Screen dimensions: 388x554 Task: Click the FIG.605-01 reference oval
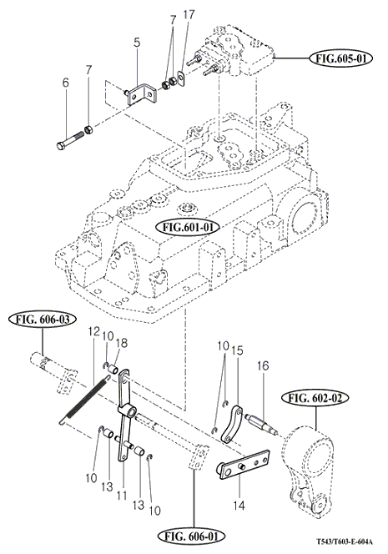click(341, 58)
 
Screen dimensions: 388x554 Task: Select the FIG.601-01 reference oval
click(188, 226)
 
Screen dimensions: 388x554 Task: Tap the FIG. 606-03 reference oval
click(43, 320)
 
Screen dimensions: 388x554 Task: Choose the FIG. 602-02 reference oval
click(315, 398)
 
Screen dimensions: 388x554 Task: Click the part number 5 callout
click(137, 43)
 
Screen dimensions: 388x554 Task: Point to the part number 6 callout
click(66, 83)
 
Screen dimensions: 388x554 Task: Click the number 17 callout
click(189, 15)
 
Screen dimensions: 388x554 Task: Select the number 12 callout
click(94, 332)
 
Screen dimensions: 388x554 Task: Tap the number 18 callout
click(122, 343)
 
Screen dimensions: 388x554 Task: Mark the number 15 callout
click(238, 350)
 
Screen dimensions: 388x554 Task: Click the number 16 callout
click(263, 365)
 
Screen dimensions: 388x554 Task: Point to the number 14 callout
click(239, 506)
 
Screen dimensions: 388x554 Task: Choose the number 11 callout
click(122, 496)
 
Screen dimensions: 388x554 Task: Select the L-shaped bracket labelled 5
click(141, 93)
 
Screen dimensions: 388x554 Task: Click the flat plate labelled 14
click(243, 464)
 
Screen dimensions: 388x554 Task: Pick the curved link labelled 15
click(231, 425)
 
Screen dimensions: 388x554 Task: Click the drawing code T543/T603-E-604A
click(344, 541)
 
